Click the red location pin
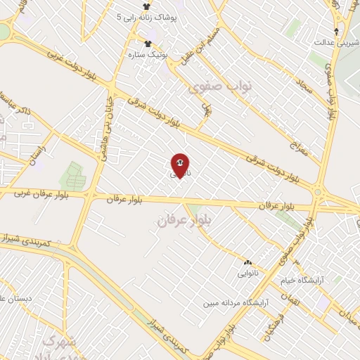179,165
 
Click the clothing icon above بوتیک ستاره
147,44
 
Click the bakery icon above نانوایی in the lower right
248,262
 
